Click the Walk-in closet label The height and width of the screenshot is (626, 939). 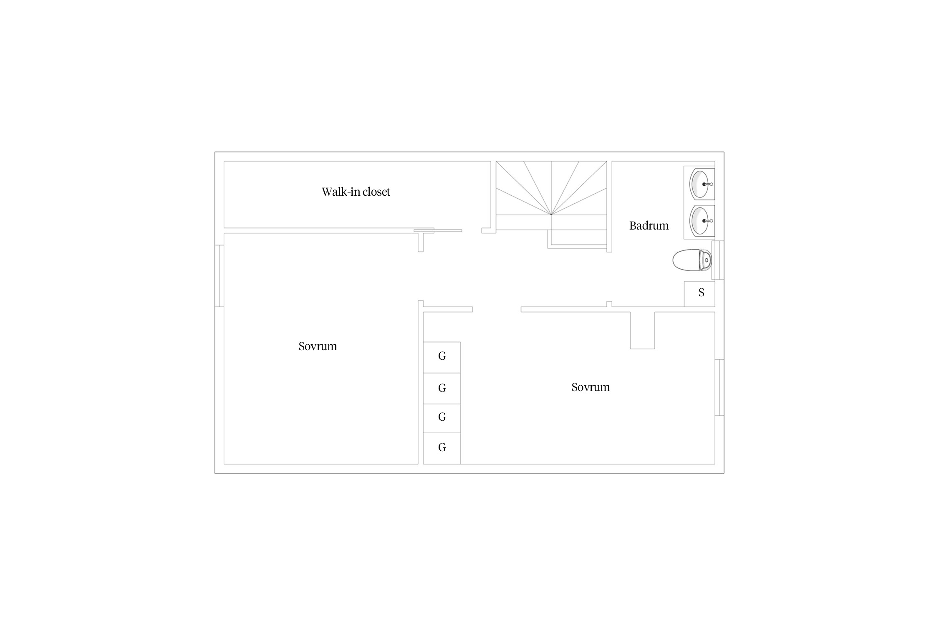(x=356, y=192)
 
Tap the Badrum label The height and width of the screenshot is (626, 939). (x=649, y=226)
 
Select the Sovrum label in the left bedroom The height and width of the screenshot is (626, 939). (x=318, y=346)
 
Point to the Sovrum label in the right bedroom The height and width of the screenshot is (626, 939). (x=591, y=387)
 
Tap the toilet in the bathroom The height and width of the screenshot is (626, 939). (x=692, y=260)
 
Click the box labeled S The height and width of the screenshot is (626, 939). (x=699, y=294)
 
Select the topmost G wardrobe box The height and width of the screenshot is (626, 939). (x=442, y=357)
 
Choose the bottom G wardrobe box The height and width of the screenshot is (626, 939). (x=442, y=449)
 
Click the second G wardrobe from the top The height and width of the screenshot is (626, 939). (x=442, y=389)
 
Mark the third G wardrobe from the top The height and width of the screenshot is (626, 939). (x=442, y=419)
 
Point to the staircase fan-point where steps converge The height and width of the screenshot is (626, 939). (x=551, y=215)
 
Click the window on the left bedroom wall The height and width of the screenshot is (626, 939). (x=220, y=276)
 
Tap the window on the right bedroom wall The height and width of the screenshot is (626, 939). (x=719, y=387)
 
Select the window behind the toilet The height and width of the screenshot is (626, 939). (x=718, y=260)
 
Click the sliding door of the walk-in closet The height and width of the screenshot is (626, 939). (x=438, y=230)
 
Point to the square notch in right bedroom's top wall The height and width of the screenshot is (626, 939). (x=642, y=330)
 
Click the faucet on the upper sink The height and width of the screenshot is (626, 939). (x=707, y=184)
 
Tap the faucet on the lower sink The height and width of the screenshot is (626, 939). (x=707, y=221)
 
